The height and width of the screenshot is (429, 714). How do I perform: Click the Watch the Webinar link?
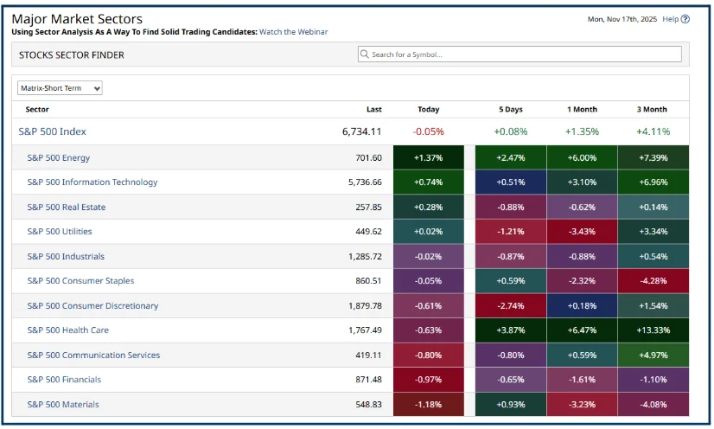coord(293,32)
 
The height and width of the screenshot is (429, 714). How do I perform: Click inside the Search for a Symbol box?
coord(523,54)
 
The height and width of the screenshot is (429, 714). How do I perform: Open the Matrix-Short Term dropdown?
coord(60,88)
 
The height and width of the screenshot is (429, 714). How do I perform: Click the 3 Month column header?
coord(653,110)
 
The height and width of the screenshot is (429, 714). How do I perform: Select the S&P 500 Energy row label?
coord(59,158)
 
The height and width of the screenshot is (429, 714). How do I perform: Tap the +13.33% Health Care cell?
coord(653,330)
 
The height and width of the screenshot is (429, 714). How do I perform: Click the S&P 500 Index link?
coord(52,131)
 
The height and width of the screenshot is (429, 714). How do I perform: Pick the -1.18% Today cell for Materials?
coord(428,405)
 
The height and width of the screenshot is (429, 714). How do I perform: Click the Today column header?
coord(428,110)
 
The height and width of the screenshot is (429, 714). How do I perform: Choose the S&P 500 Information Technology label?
coord(92,182)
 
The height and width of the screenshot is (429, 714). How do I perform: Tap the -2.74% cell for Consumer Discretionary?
coord(510,306)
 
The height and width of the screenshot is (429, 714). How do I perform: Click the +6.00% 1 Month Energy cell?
coord(581,158)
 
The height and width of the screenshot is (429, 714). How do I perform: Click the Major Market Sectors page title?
coord(77,19)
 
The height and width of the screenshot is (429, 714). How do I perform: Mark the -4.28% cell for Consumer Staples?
coord(653,281)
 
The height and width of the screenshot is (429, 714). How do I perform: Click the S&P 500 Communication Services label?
coord(93,355)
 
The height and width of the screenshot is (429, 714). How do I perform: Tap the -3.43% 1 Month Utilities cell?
coord(581,232)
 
